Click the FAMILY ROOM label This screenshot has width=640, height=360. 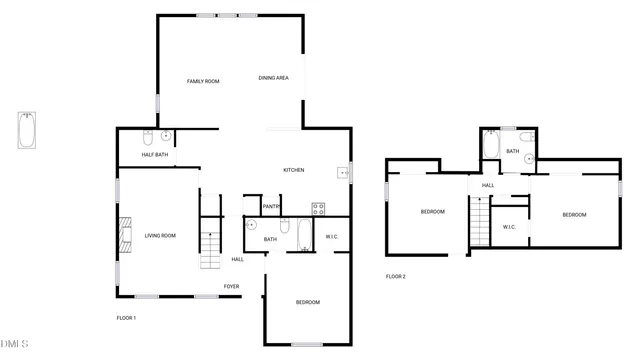(203, 81)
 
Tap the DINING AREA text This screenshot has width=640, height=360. (274, 78)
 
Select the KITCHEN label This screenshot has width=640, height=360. (294, 170)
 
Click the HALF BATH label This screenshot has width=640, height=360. (154, 154)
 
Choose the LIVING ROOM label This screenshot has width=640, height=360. (160, 235)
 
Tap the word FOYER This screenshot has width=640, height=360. (231, 287)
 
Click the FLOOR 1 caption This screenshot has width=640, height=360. (126, 318)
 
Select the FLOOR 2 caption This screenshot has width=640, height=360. (396, 276)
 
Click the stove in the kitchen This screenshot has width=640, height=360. (319, 209)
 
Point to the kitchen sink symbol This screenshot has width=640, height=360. (345, 172)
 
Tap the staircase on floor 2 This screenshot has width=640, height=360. (481, 220)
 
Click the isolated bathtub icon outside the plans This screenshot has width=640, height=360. (26, 130)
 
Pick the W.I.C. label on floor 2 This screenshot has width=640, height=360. (508, 227)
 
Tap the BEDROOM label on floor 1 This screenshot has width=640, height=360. (307, 302)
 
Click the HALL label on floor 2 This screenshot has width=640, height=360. (488, 185)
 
